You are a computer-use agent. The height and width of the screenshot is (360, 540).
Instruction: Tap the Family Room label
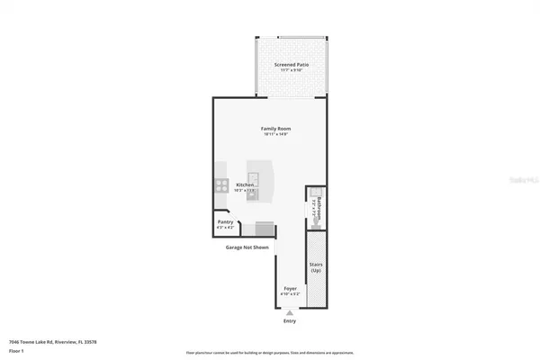tap(275, 129)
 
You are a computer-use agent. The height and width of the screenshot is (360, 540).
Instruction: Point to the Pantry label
tap(226, 221)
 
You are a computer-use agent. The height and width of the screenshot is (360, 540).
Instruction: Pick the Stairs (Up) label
tap(316, 267)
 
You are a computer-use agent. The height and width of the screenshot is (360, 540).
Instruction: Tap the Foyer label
tap(290, 288)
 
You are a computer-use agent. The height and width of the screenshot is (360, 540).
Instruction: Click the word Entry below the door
tap(289, 319)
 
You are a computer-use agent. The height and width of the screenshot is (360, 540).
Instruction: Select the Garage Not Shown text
tap(240, 246)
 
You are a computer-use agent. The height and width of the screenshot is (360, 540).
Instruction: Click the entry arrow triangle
tap(289, 311)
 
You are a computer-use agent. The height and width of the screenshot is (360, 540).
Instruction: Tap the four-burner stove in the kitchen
tap(220, 186)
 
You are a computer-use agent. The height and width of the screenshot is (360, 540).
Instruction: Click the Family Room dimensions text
tap(275, 135)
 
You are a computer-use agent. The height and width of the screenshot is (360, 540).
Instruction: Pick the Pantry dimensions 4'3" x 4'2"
tap(226, 228)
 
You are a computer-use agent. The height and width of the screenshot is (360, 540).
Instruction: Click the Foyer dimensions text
tap(290, 294)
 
